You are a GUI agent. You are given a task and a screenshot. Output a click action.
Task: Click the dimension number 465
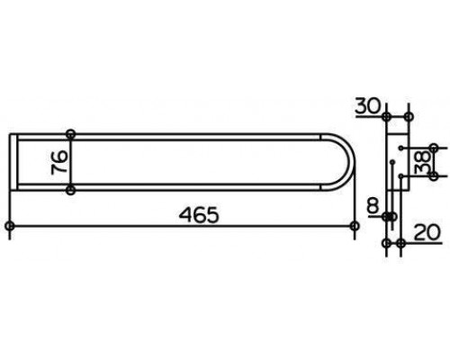tap(199, 215)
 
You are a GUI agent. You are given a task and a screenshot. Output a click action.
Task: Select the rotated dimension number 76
tap(59, 162)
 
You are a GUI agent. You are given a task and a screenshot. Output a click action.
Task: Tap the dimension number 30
tap(368, 106)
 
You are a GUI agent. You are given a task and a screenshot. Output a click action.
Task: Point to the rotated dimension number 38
tap(422, 162)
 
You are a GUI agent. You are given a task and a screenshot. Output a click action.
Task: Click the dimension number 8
tap(373, 206)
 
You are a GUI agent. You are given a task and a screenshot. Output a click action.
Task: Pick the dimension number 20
tap(427, 232)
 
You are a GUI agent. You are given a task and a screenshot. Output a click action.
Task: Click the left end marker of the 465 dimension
tap(10, 226)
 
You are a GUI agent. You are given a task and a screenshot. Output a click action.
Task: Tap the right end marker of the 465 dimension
tap(355, 226)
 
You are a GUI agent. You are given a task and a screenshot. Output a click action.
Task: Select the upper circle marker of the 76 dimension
tap(70, 134)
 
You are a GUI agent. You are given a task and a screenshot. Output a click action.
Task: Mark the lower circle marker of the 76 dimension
tap(70, 190)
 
